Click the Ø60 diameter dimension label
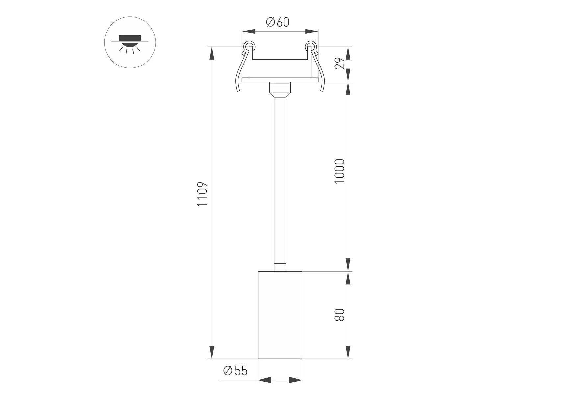[278, 22]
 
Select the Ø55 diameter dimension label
[235, 371]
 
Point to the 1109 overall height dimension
[202, 194]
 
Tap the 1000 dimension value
[339, 171]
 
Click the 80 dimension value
[339, 315]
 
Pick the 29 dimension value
[339, 63]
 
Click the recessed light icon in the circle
[130, 43]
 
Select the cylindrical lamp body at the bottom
[280, 315]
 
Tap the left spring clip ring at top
[248, 45]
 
